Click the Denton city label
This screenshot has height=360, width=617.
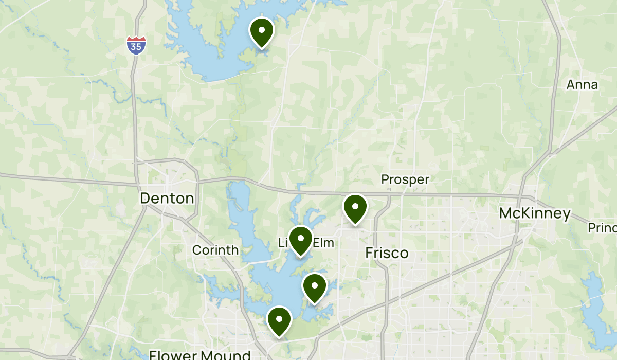(168, 199)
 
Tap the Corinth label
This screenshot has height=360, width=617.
(215, 250)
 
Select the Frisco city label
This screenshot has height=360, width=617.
(387, 253)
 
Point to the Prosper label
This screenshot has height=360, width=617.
(405, 179)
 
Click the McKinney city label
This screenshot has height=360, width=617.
(535, 214)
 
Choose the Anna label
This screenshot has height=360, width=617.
(582, 85)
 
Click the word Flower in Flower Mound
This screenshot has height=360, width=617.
(173, 355)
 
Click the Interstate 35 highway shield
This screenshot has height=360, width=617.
(136, 45)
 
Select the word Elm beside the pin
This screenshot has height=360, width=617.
(324, 242)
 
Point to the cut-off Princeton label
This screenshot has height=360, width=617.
(603, 227)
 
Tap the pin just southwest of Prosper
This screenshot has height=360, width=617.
(355, 208)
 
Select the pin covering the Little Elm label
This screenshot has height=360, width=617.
(301, 240)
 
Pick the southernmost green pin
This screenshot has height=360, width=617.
(279, 320)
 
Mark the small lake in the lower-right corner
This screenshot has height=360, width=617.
(596, 314)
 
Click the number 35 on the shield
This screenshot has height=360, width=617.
(136, 47)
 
